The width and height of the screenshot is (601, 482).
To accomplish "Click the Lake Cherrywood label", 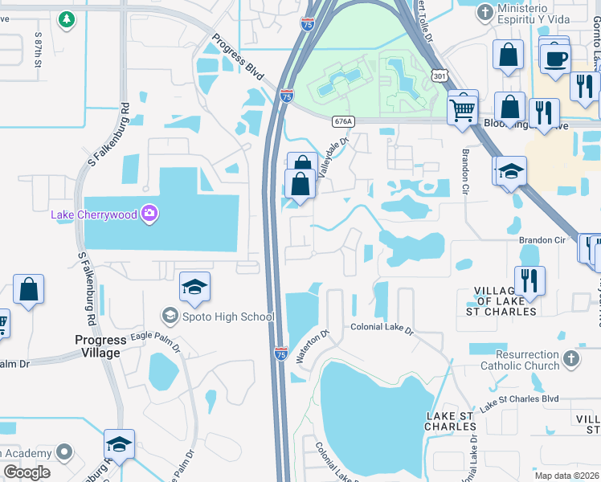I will pos(94,214).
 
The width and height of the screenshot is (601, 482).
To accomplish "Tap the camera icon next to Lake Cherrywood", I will pos(149,214).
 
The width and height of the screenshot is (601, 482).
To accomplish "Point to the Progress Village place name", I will pos(98,346).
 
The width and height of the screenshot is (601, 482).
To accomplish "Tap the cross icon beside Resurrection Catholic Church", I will pos(570,358).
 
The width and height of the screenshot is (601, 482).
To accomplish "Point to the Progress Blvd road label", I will pos(239,57).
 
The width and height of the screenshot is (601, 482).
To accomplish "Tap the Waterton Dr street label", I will pos(313,346).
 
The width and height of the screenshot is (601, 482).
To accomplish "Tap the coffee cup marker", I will pos(554,58).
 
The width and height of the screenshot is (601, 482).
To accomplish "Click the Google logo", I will pos(27,472).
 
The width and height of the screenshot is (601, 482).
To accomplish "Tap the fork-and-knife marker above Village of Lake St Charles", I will pos(529,280).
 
